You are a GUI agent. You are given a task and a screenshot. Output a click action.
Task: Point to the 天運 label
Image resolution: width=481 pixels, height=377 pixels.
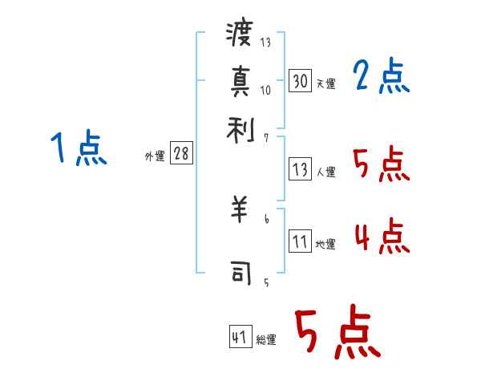pos(325,83)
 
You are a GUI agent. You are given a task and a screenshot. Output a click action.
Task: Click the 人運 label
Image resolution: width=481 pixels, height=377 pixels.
pos(325,172)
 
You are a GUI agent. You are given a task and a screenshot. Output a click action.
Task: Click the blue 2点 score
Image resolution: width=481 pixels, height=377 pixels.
pos(382,77)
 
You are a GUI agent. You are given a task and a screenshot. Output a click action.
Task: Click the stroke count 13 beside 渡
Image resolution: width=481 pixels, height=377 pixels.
pos(265,42)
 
